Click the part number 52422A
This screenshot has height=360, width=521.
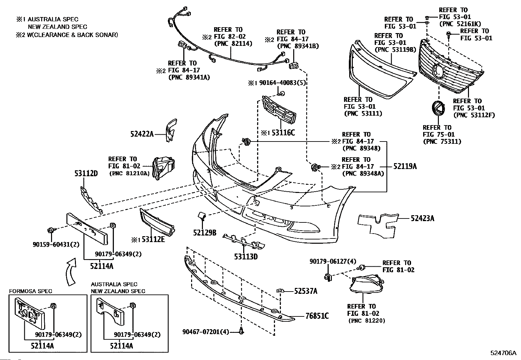click(142, 134)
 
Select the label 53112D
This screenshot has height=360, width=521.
click(85, 174)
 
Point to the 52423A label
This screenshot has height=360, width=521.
click(422, 218)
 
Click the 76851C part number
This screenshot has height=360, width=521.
click(317, 316)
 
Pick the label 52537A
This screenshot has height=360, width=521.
click(305, 291)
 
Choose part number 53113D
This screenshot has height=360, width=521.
click(246, 256)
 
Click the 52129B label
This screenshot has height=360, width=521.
click(205, 233)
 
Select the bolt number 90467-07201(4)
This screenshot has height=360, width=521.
click(206, 332)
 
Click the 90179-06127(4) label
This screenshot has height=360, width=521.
click(333, 261)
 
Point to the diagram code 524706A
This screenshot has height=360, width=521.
click(503, 353)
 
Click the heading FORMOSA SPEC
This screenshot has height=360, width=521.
click(30, 291)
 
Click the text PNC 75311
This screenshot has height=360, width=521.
click(442, 142)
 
